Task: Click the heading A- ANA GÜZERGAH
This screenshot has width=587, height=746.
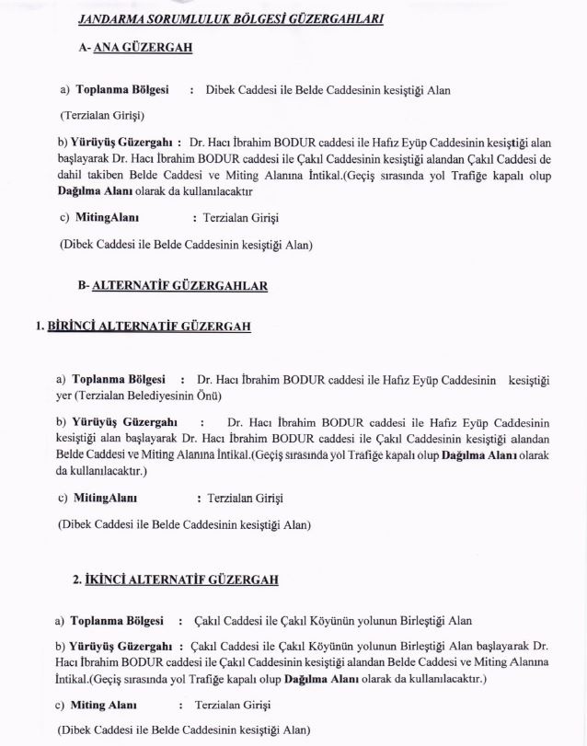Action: pyautogui.click(x=135, y=49)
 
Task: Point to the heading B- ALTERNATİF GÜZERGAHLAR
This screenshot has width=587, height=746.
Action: pyautogui.click(x=173, y=286)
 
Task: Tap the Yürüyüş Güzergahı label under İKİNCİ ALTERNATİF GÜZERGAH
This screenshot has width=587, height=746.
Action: pyautogui.click(x=123, y=647)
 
